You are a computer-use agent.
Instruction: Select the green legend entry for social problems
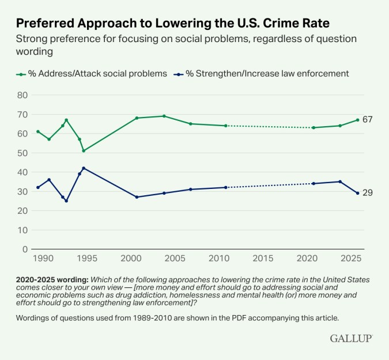tap(92, 73)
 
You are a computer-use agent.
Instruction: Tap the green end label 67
tap(368, 120)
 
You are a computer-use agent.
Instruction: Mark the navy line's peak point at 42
tap(84, 168)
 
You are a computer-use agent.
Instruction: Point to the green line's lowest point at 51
tap(84, 151)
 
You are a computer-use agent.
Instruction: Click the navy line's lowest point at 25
tap(66, 201)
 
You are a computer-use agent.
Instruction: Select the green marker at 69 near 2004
tap(164, 116)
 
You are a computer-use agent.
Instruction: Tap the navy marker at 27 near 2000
tap(137, 197)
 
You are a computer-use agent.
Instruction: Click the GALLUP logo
tap(351, 338)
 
